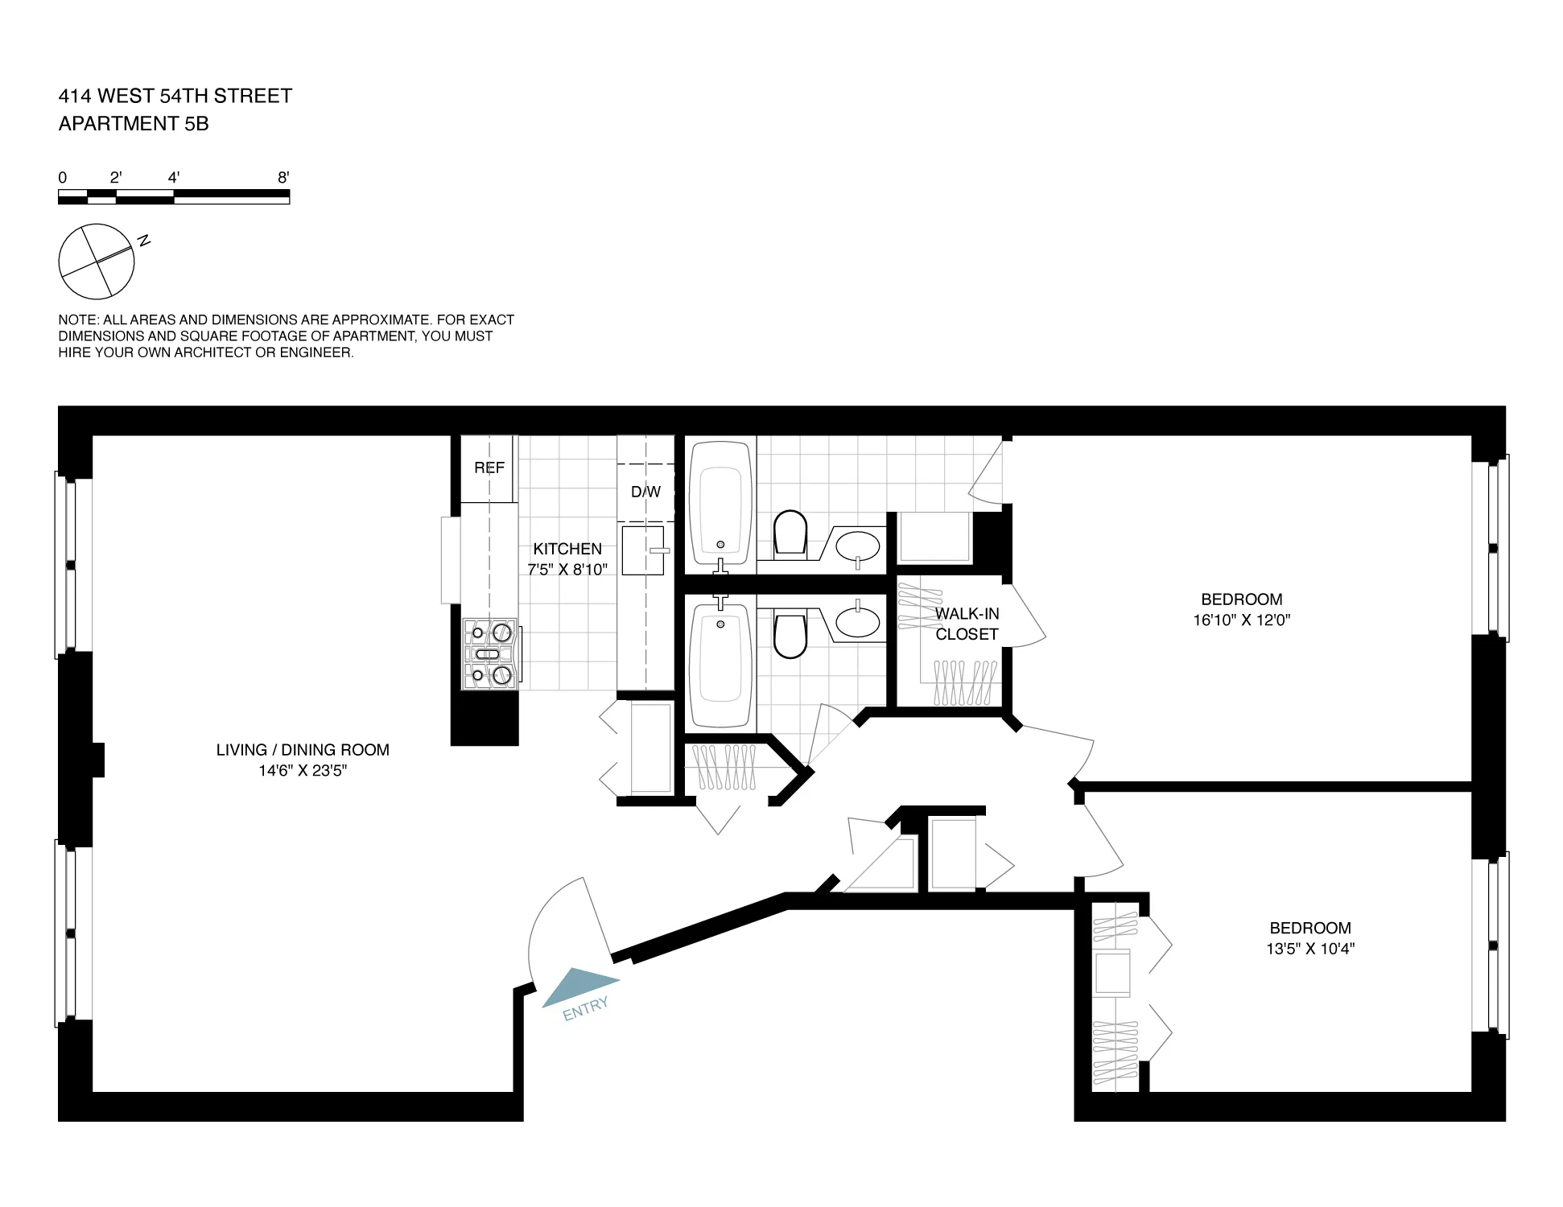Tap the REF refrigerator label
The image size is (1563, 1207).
[x=489, y=468]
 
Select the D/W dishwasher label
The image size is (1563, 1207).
[x=645, y=492]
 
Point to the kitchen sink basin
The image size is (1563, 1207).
[x=642, y=550]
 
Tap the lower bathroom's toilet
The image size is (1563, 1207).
[x=790, y=634]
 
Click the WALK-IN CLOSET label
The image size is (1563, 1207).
[x=967, y=624]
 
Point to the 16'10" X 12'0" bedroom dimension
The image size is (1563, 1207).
[x=1241, y=620]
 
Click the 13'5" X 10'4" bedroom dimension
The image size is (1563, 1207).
[x=1309, y=949]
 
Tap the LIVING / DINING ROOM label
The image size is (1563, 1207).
[x=303, y=750]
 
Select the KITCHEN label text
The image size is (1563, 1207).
[x=567, y=549]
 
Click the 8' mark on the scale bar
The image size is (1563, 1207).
[x=283, y=178]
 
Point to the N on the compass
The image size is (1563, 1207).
[x=144, y=240]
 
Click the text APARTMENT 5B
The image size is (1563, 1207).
[x=134, y=124]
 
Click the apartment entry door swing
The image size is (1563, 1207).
[x=563, y=925]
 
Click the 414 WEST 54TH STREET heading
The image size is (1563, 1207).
[x=175, y=96]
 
